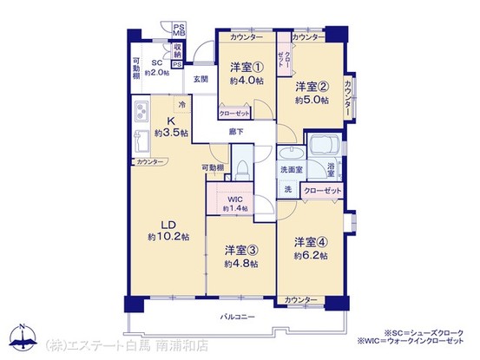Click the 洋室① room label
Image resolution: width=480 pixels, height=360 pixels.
click(240, 67)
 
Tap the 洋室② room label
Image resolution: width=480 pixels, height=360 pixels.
click(311, 86)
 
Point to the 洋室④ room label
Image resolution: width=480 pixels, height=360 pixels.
click(310, 241)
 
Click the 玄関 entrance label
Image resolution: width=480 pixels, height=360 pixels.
click(201, 79)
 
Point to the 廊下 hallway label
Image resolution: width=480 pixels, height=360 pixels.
click(235, 131)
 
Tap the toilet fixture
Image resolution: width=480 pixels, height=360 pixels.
click(243, 165)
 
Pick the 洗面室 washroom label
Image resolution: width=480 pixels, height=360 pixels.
click(290, 169)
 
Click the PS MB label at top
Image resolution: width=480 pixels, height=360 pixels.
click(179, 33)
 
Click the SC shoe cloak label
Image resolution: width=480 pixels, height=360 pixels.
click(158, 62)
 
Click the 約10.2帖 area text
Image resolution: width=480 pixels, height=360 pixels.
click(162, 235)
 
